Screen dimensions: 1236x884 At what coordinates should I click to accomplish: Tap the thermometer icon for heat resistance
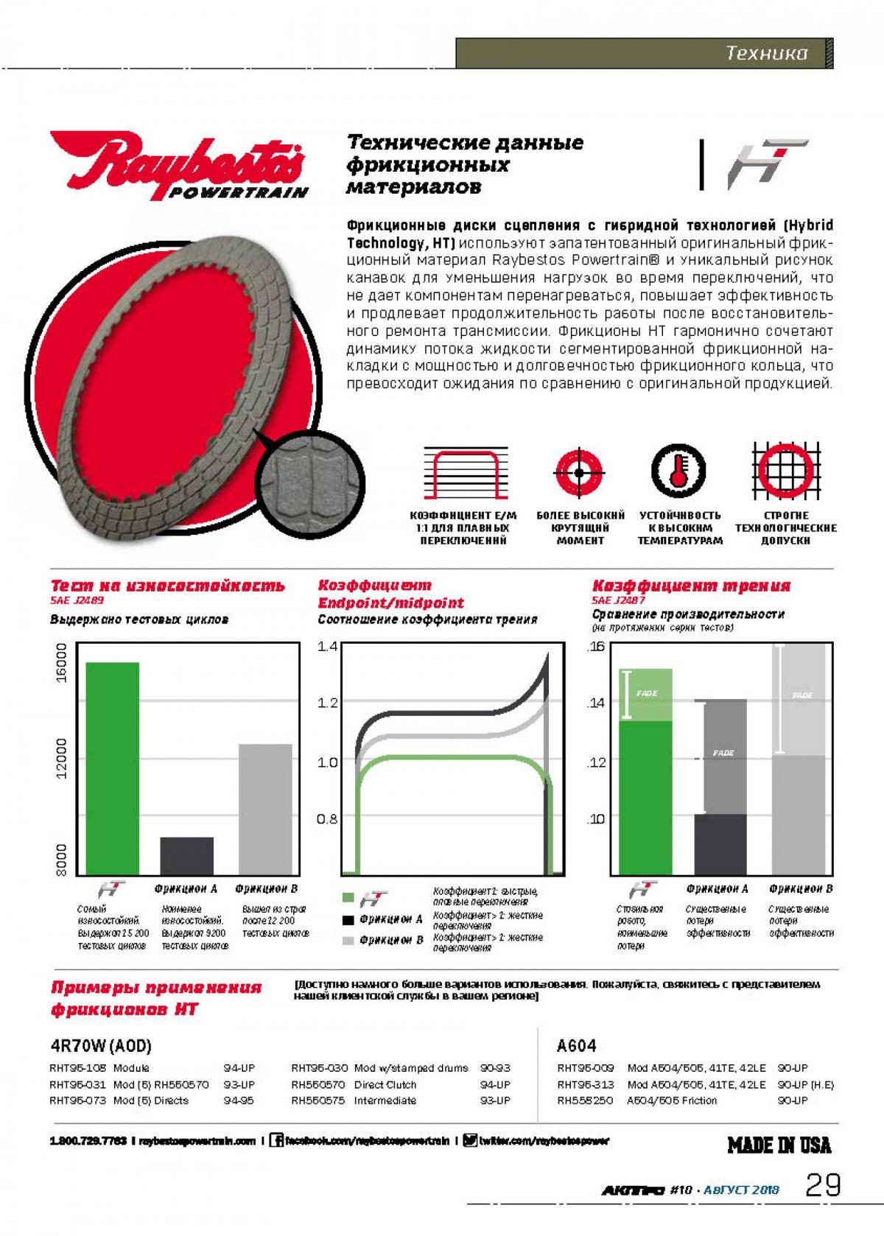(678, 470)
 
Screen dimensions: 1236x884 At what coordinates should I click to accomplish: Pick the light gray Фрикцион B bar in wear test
(265, 808)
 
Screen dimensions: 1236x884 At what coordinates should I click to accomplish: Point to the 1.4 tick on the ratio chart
(327, 647)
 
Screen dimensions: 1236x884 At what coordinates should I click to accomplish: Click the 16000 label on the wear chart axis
(61, 662)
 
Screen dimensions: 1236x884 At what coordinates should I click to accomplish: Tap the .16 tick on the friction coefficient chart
(596, 647)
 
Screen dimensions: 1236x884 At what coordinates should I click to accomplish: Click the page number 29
(823, 1185)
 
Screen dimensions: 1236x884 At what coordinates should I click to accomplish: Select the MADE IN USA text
(779, 1145)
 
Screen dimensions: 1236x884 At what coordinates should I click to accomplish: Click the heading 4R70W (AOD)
(101, 1046)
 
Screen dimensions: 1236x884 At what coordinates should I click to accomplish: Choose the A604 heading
(577, 1046)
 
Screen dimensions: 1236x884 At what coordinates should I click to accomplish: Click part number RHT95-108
(78, 1068)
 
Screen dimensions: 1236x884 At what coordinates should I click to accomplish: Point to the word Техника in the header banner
(766, 53)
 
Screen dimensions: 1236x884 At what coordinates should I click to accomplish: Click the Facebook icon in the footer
(277, 1141)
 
